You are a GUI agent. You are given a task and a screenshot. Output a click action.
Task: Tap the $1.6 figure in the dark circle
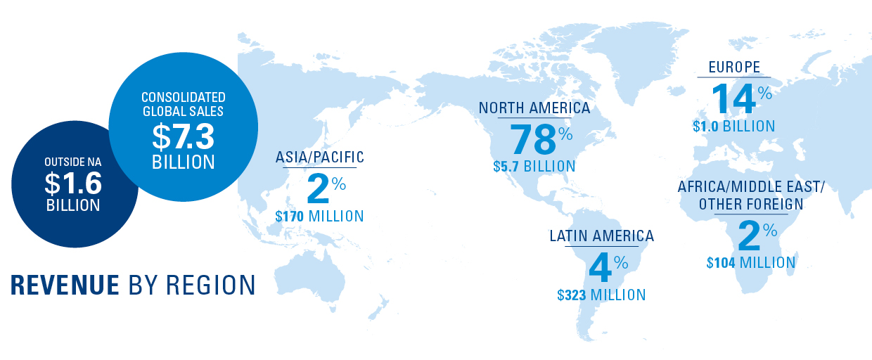point(73,184)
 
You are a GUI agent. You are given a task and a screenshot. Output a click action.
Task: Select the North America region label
point(534,108)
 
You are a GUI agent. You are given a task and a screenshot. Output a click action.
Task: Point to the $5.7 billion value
point(534,167)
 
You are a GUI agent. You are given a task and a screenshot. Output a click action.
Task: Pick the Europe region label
point(733,67)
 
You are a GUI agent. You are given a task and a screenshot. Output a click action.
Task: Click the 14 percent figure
point(733,98)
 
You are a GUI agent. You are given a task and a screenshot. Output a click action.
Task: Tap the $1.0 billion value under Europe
point(733,127)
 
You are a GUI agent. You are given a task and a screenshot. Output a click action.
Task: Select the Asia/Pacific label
point(320,157)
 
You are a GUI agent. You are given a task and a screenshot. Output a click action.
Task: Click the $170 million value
point(320,216)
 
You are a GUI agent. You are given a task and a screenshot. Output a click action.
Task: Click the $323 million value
point(601,295)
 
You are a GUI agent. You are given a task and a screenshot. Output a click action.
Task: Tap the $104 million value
point(751,263)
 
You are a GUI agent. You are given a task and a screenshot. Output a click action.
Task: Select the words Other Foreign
point(750,205)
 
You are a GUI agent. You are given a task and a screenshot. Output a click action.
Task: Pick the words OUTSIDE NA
point(73,163)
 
